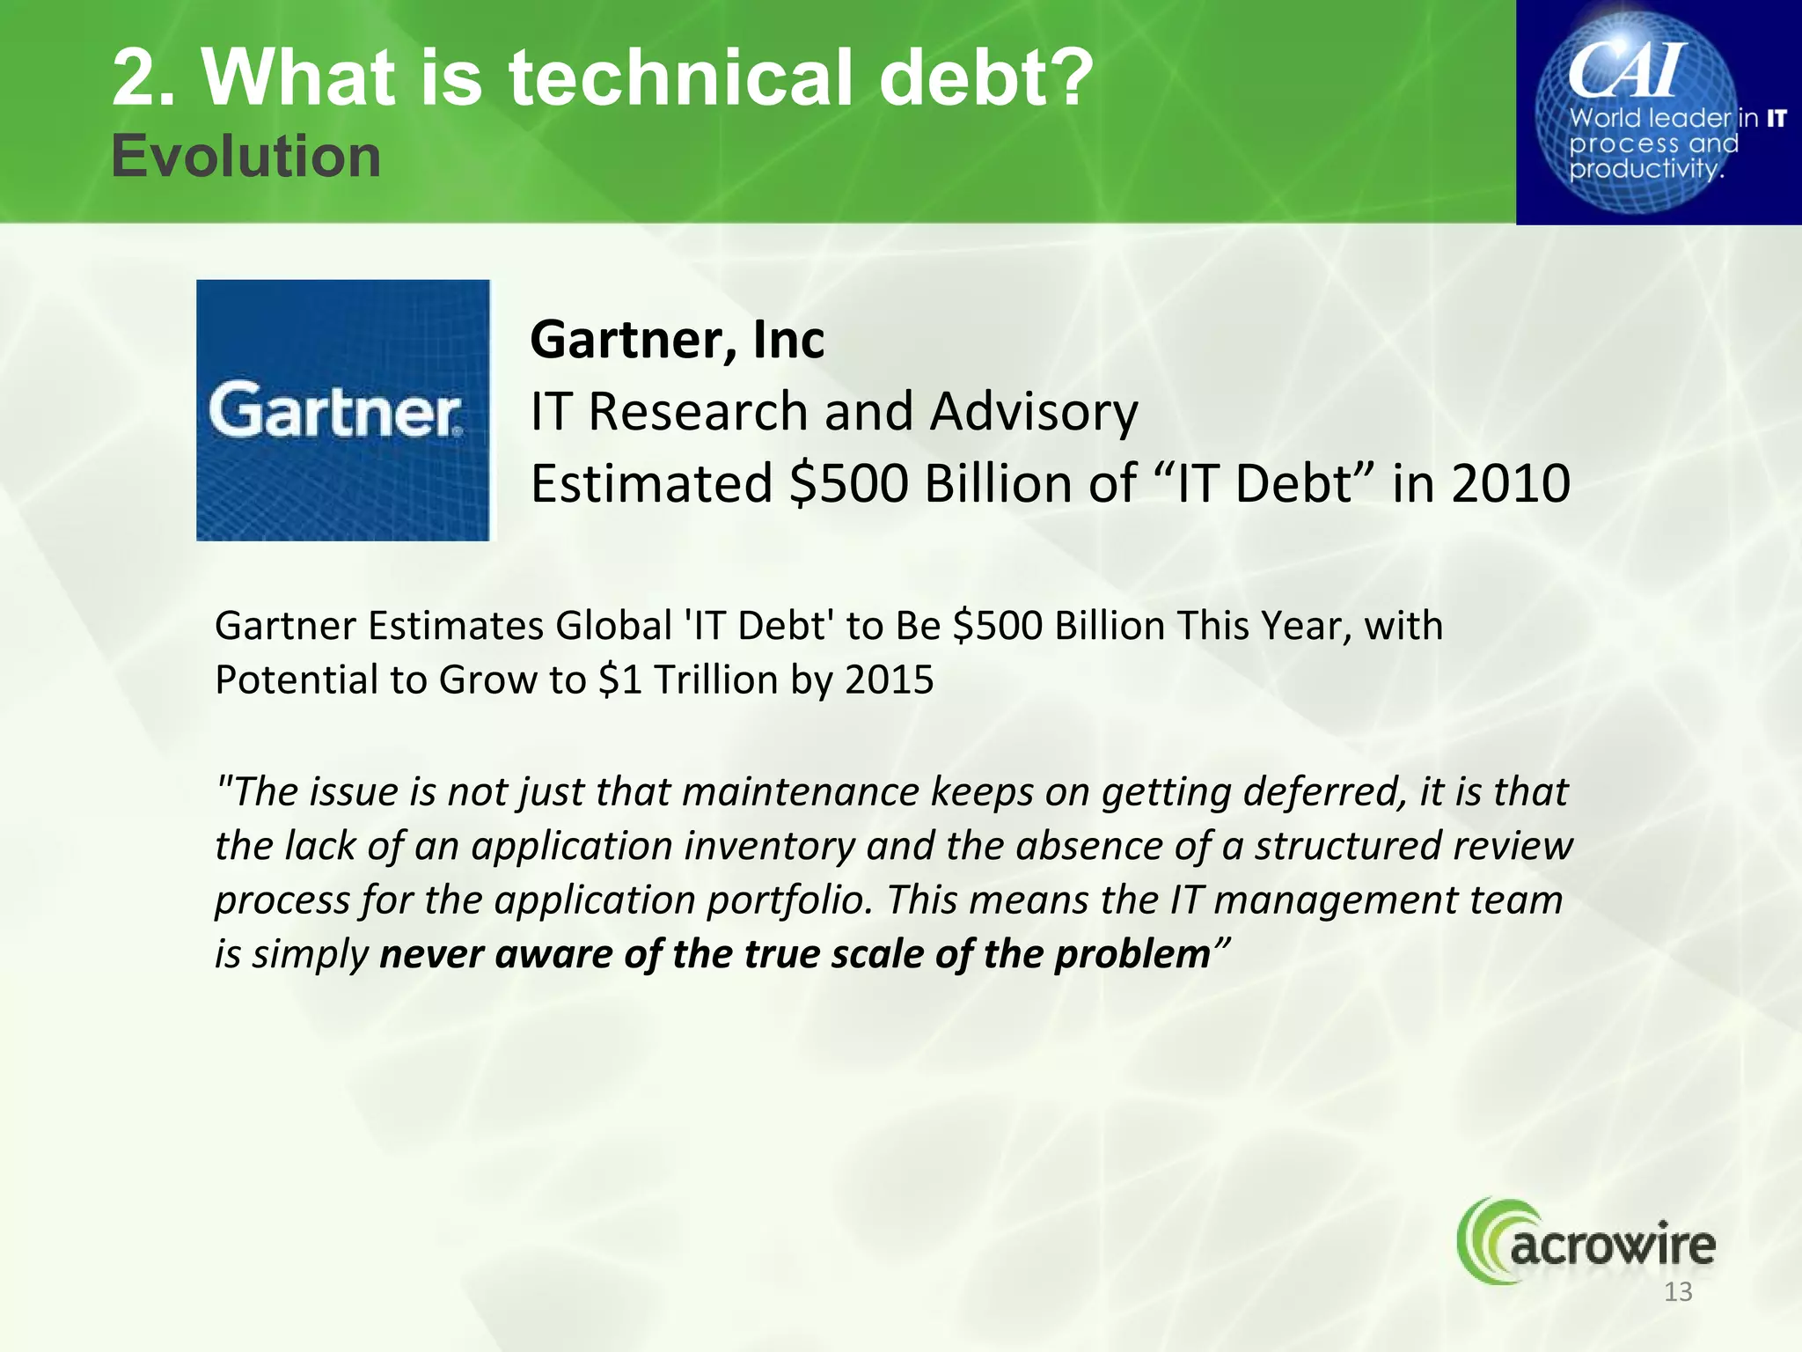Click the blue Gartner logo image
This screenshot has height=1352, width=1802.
[x=342, y=410]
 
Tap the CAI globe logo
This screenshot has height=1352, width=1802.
[x=1659, y=113]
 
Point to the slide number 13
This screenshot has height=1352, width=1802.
[x=1678, y=1292]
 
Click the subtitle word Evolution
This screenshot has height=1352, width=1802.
[x=246, y=157]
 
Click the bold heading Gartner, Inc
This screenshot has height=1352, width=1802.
[x=677, y=340]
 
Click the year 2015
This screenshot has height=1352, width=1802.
[x=889, y=680]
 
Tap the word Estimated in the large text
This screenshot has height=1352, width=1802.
[x=651, y=483]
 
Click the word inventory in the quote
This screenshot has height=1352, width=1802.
[x=769, y=846]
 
